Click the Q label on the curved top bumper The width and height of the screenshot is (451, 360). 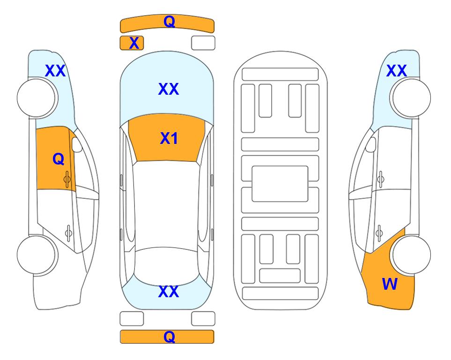[x=169, y=22]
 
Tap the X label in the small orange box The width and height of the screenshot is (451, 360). [x=134, y=43]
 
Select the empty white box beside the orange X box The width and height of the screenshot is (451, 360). [x=203, y=43]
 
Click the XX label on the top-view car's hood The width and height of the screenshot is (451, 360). [x=169, y=89]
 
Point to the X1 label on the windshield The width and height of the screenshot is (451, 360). [x=169, y=138]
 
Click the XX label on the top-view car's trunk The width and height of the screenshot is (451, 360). [x=169, y=292]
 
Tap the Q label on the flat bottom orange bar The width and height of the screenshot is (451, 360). [x=169, y=337]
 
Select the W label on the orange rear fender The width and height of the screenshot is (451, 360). [x=390, y=284]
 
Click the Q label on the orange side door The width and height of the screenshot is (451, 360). [x=59, y=159]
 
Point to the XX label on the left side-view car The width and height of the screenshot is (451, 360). [x=55, y=71]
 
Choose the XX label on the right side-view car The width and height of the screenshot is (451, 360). [x=396, y=71]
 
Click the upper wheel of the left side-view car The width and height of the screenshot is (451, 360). [x=37, y=98]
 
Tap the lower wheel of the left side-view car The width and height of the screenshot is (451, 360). [x=37, y=255]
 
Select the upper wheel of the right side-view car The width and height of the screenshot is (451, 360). [x=410, y=98]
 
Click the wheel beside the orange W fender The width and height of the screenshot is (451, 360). [x=410, y=255]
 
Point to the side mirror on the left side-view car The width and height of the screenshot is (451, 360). [x=76, y=144]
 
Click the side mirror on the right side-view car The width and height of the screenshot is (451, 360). [x=371, y=144]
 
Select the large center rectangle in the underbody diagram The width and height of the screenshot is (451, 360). [x=280, y=184]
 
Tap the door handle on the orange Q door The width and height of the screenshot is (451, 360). [x=67, y=179]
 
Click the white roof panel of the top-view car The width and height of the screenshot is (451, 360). [x=167, y=204]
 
